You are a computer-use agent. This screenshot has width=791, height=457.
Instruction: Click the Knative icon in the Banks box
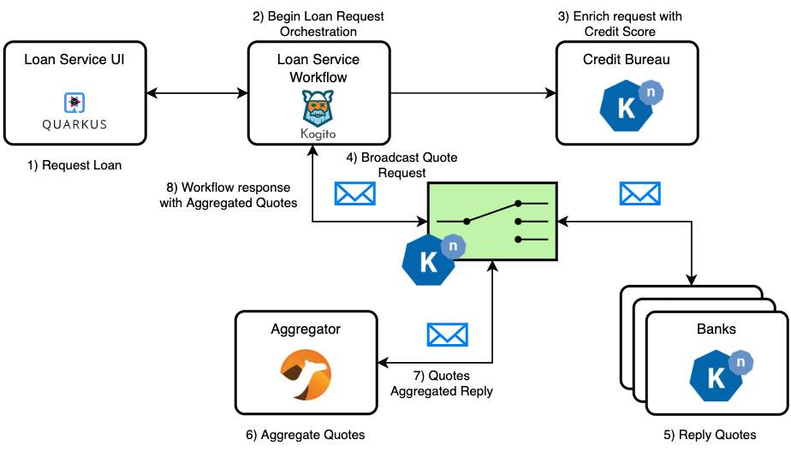click(x=722, y=373)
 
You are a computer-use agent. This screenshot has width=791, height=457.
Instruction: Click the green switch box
click(x=492, y=222)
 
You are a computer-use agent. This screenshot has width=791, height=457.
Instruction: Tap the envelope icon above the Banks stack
click(x=640, y=193)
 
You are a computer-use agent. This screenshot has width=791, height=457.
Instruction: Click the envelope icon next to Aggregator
click(x=447, y=334)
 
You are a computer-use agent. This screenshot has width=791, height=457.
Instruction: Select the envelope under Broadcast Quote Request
click(x=355, y=194)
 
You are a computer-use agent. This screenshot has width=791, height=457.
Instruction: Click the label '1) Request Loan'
click(x=75, y=165)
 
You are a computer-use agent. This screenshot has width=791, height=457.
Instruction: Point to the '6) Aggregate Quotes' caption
click(x=306, y=435)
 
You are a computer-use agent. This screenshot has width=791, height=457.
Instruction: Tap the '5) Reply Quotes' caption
click(x=710, y=435)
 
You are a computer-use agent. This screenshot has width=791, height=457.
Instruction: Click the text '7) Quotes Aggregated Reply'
click(x=442, y=383)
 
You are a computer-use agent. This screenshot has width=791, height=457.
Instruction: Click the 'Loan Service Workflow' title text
click(x=318, y=68)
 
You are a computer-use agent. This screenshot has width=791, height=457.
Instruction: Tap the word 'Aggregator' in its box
click(x=306, y=329)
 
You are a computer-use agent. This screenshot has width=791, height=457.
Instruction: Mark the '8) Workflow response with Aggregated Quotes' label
click(x=228, y=195)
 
